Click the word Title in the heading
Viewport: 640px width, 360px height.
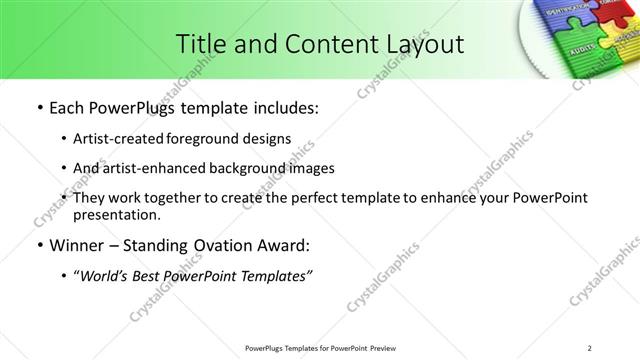(x=198, y=43)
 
